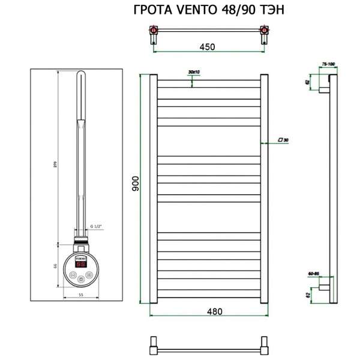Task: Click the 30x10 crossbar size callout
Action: (194, 72)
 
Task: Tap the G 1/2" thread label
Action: (96, 226)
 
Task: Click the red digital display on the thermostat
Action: (80, 263)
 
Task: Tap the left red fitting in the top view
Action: (153, 29)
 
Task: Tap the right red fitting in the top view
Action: (262, 29)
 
